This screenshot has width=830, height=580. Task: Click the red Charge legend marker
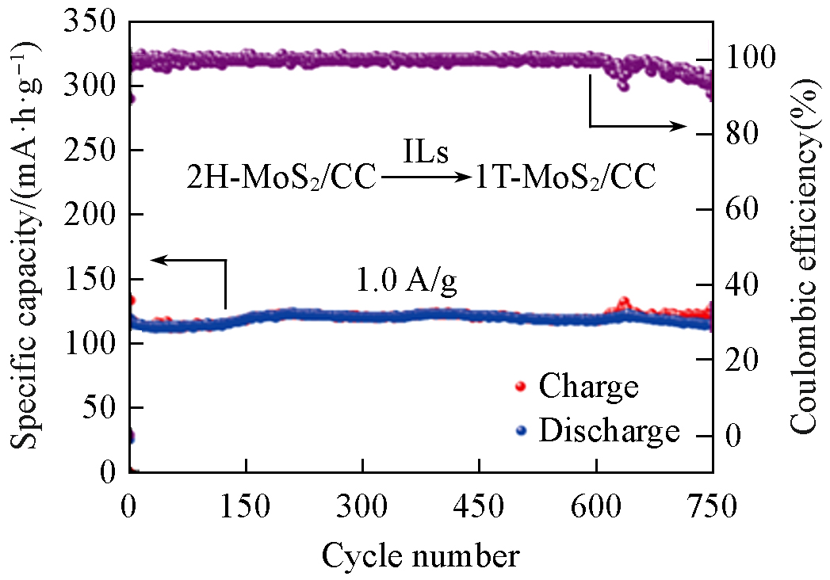point(520,387)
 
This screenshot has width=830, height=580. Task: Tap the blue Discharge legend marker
point(520,431)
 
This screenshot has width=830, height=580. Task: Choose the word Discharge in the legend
point(609,431)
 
